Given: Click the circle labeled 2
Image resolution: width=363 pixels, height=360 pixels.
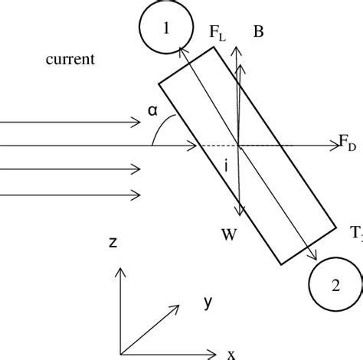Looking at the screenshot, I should point(334,285).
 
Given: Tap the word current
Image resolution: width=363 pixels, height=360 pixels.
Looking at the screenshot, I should point(70,59).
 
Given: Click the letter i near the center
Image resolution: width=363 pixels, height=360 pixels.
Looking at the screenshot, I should point(227,165).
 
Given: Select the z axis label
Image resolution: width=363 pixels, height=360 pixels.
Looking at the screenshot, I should point(113,242).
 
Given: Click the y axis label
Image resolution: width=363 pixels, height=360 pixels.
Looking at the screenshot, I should point(208,301).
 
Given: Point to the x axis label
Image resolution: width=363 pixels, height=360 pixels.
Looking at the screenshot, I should point(231,353).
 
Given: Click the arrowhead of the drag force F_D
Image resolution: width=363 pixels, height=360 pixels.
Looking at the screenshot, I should point(333,146).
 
